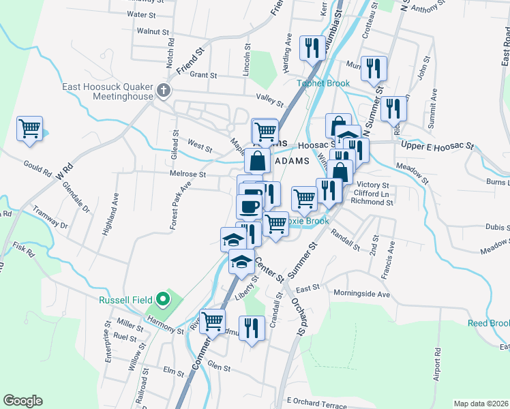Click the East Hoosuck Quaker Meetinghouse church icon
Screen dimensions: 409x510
tap(163, 90)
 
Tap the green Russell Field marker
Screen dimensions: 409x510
tap(162, 298)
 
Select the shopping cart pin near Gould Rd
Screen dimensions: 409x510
tap(30, 128)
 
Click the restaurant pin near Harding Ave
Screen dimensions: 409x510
tap(312, 48)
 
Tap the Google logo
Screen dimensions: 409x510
tap(22, 401)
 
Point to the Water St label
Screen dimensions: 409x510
tap(142, 14)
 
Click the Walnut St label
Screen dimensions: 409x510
tap(152, 31)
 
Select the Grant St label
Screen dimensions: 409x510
tap(203, 76)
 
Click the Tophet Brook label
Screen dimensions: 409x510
tap(323, 84)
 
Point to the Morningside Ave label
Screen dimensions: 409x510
tap(362, 294)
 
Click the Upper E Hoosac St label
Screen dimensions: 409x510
tap(437, 146)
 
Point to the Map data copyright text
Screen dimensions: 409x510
tap(481, 404)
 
